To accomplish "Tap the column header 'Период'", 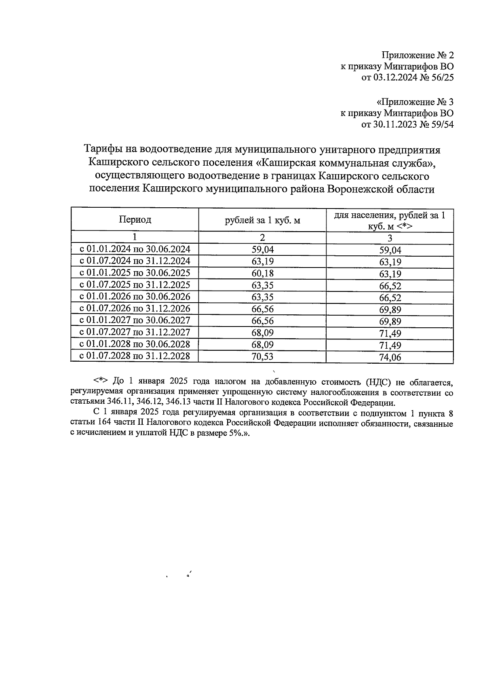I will (x=135, y=219).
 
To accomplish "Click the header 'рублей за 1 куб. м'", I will (x=262, y=220).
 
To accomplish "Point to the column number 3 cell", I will (x=390, y=238).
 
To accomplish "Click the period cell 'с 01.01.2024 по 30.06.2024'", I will (x=135, y=249).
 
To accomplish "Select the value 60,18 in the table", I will (x=262, y=273).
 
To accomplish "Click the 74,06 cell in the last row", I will (x=390, y=357).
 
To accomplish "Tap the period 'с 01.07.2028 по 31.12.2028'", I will (x=135, y=356).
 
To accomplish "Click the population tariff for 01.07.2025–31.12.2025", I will (x=390, y=286).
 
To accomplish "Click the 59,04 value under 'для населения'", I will (x=390, y=250).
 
